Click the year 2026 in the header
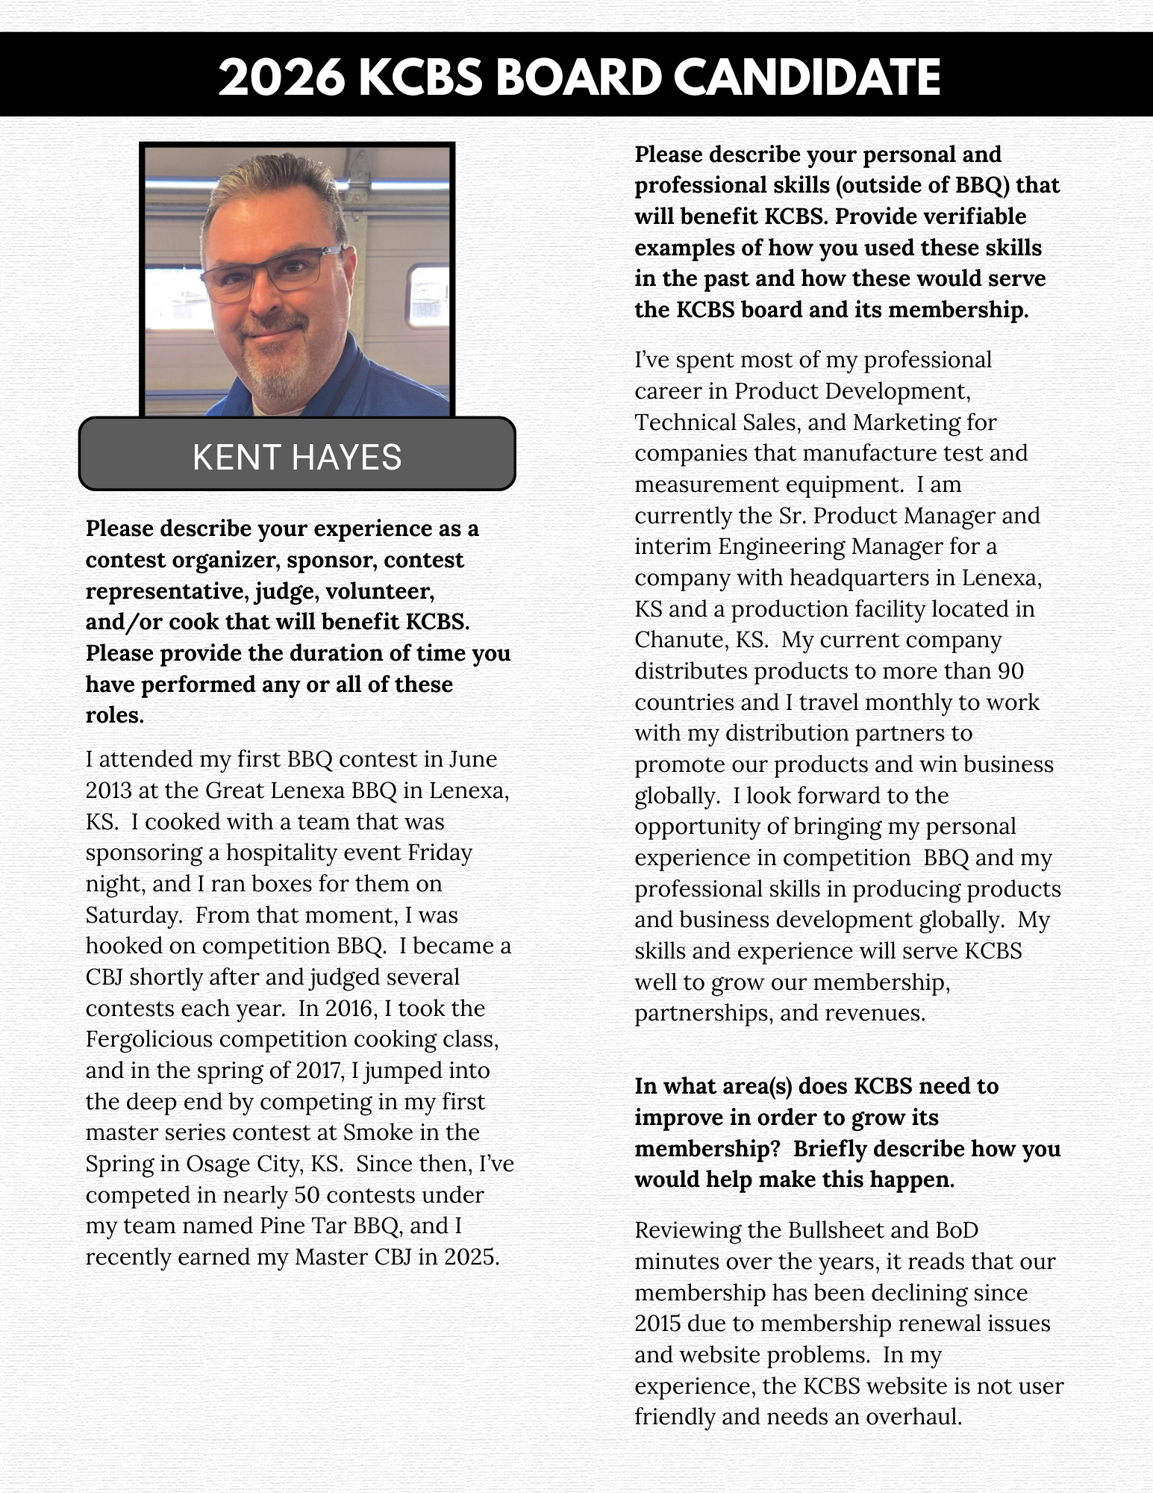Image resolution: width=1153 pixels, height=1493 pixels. pos(282,77)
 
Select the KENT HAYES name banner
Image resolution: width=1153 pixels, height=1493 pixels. pos(297,456)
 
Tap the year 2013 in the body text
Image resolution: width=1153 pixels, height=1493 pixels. pos(110,790)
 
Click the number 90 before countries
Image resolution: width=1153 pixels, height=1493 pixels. pos(1010,671)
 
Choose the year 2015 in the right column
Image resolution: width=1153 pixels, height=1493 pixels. pos(657,1324)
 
